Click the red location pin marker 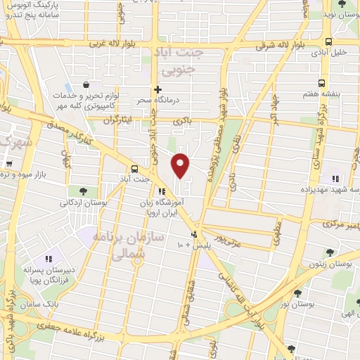[181, 165]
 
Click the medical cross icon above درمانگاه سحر [158, 89]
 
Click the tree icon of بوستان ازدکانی [83, 191]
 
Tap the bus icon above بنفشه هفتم [321, 82]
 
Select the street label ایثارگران [118, 120]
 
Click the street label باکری [183, 122]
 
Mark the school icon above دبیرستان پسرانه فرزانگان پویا [49, 259]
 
